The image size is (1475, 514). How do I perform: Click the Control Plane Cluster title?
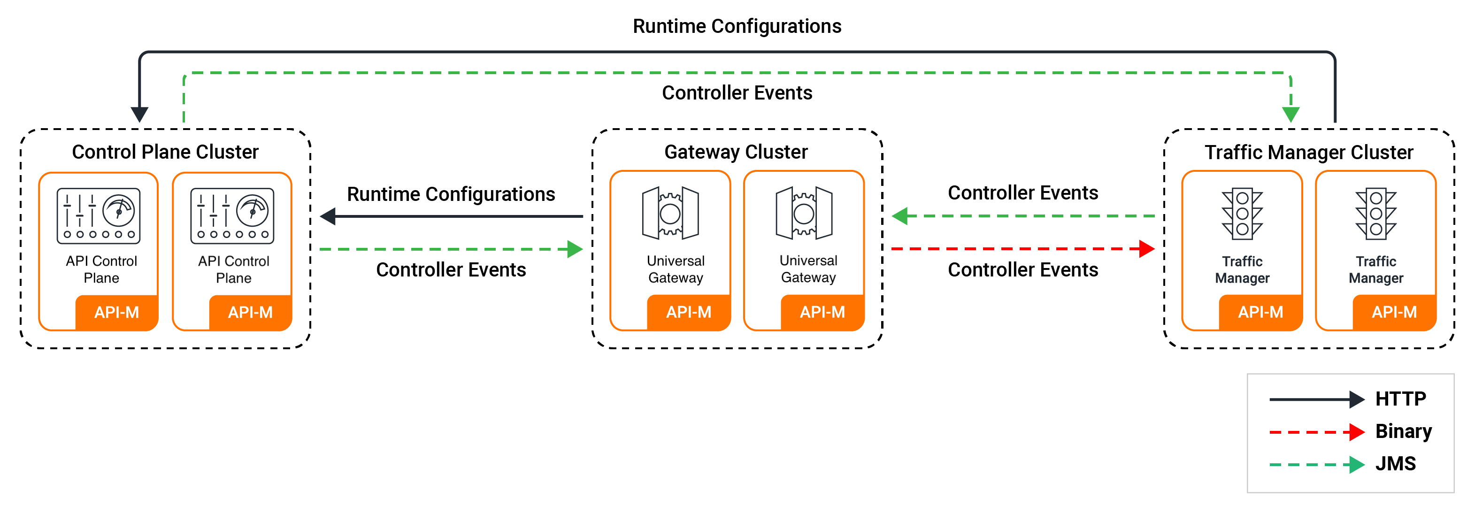pos(165,152)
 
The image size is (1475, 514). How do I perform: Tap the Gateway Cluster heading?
pos(736,152)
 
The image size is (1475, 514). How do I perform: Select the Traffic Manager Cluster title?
pos(1308,152)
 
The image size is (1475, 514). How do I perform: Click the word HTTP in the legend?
pos(1400,399)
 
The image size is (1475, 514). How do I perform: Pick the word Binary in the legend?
pos(1404,431)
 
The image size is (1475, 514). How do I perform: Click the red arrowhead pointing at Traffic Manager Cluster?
pos(1146,249)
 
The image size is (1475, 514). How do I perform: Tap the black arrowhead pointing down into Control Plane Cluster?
pos(139,114)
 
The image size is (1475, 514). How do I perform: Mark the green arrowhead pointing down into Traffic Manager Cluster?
pos(1291,114)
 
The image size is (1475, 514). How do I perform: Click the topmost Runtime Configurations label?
pos(737,26)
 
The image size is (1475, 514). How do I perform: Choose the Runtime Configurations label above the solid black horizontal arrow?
pos(451,194)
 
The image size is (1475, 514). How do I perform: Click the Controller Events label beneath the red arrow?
pos(1022,269)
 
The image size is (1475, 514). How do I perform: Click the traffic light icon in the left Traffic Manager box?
pos(1242,214)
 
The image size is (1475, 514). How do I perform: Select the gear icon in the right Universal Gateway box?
pos(804,213)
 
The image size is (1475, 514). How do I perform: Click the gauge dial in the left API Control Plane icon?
pos(119,210)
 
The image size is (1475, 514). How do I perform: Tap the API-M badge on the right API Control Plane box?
pos(250,312)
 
